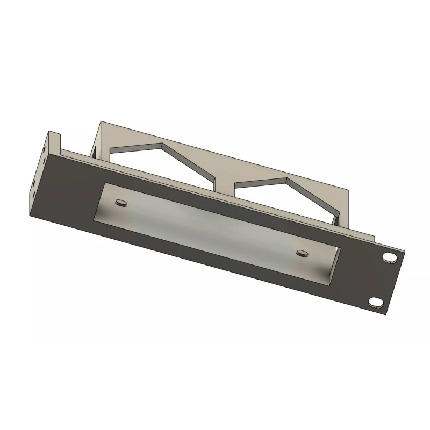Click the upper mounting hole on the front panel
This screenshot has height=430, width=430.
pos(389,257)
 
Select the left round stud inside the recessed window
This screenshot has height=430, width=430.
pos(121,203)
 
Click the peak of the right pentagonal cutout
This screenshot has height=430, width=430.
pos(289,178)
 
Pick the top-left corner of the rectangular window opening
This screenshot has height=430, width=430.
pos(104,183)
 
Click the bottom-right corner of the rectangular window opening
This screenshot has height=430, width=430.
pos(326,285)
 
